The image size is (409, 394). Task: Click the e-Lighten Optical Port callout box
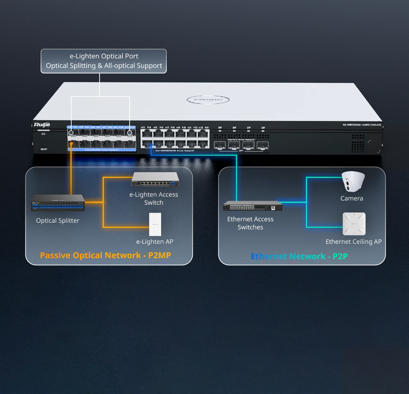(x=104, y=61)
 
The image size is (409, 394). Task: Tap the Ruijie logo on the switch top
(x=208, y=100)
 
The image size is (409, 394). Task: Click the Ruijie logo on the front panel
(x=42, y=125)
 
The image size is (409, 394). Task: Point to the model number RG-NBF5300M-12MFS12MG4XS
(x=362, y=125)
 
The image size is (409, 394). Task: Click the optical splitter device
(x=58, y=203)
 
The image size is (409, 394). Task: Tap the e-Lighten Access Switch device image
(x=155, y=180)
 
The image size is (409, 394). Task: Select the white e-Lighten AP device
(x=155, y=224)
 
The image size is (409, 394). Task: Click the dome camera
(x=353, y=182)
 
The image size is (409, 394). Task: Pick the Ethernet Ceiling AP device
(x=354, y=224)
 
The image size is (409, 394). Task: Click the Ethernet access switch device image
(x=253, y=206)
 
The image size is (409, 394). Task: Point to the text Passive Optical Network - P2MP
(x=105, y=255)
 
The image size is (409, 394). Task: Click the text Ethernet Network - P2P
(x=299, y=256)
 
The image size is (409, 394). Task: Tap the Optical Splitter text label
(x=57, y=221)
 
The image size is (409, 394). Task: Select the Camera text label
(x=352, y=198)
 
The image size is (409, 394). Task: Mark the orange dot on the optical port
(x=72, y=144)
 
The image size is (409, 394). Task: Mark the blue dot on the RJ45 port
(x=151, y=144)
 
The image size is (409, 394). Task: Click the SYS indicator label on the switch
(x=43, y=134)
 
